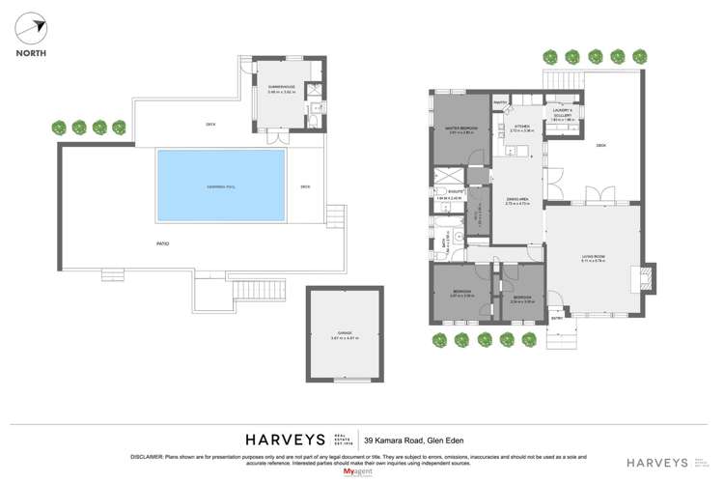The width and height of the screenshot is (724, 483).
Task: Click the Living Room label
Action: pos(592,257)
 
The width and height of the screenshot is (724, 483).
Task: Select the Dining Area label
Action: pos(518,200)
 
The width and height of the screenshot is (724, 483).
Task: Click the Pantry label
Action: pos(500,101)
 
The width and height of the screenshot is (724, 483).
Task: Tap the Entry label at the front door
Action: pos(557,317)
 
